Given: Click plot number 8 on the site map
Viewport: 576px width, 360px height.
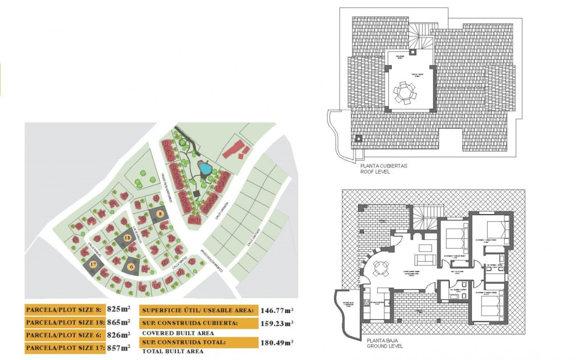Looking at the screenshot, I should pos(160,214).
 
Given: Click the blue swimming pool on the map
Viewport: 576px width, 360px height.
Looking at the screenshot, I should pos(205,169).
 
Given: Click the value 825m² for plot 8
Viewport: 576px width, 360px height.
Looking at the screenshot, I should pos(119,309).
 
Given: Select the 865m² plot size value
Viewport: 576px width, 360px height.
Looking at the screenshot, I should pos(119,322).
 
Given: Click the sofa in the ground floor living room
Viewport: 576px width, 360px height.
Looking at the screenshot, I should pos(425,259).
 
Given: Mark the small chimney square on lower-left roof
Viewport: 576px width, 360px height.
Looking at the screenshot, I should pos(359,138).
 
